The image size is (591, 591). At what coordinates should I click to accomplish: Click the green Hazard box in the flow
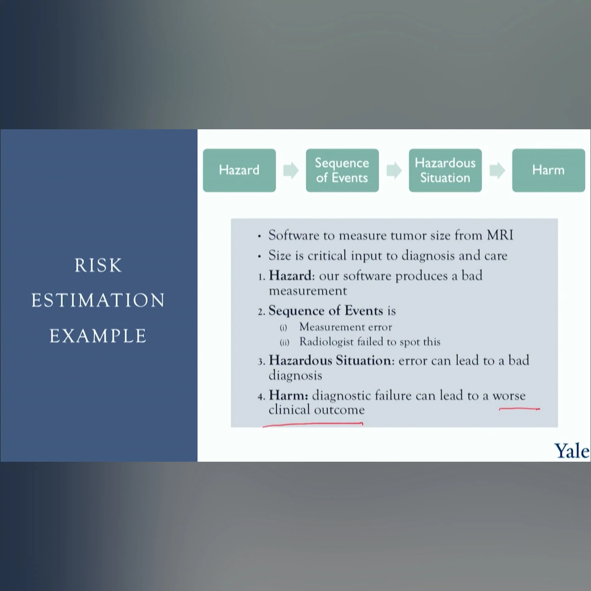click(x=239, y=170)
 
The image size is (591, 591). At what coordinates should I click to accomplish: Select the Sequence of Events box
click(x=342, y=170)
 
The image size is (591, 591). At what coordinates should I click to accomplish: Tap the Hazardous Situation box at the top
click(x=445, y=170)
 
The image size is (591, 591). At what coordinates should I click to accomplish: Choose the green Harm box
click(x=548, y=170)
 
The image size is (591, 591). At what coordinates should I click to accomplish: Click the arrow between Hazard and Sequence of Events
click(x=291, y=170)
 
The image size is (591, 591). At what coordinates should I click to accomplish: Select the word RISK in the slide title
click(x=98, y=265)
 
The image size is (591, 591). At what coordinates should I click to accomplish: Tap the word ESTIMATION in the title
click(x=98, y=300)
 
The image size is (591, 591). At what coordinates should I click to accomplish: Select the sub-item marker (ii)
click(x=284, y=342)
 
